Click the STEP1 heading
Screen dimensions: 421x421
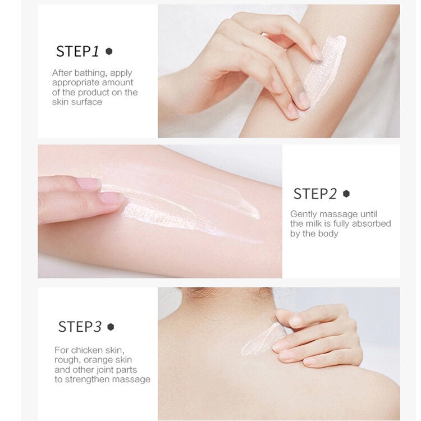point(77,51)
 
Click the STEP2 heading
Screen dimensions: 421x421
point(315,194)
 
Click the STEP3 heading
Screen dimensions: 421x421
point(80,326)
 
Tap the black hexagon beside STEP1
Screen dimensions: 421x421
point(109,51)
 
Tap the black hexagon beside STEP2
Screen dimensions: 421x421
point(346,194)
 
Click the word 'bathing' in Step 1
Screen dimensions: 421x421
point(90,73)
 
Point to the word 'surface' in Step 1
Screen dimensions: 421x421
point(86,102)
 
